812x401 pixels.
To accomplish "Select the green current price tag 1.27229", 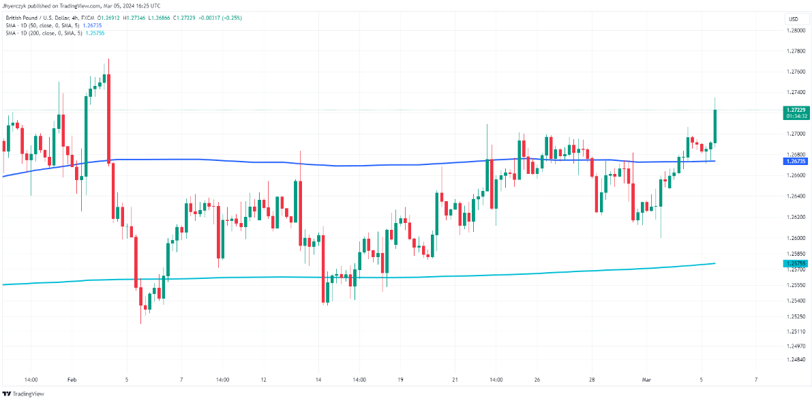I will (x=794, y=110).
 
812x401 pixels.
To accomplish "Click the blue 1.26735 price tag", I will (x=794, y=162).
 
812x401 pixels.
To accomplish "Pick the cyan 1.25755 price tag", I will (x=794, y=263).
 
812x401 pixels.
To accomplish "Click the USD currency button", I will (x=793, y=18).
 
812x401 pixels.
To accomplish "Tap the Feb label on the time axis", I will (x=72, y=379).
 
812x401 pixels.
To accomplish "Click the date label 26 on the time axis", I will (x=537, y=379).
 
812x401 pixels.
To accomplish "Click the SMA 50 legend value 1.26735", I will (x=93, y=25).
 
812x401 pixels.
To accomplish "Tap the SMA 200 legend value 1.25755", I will (x=95, y=32).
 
